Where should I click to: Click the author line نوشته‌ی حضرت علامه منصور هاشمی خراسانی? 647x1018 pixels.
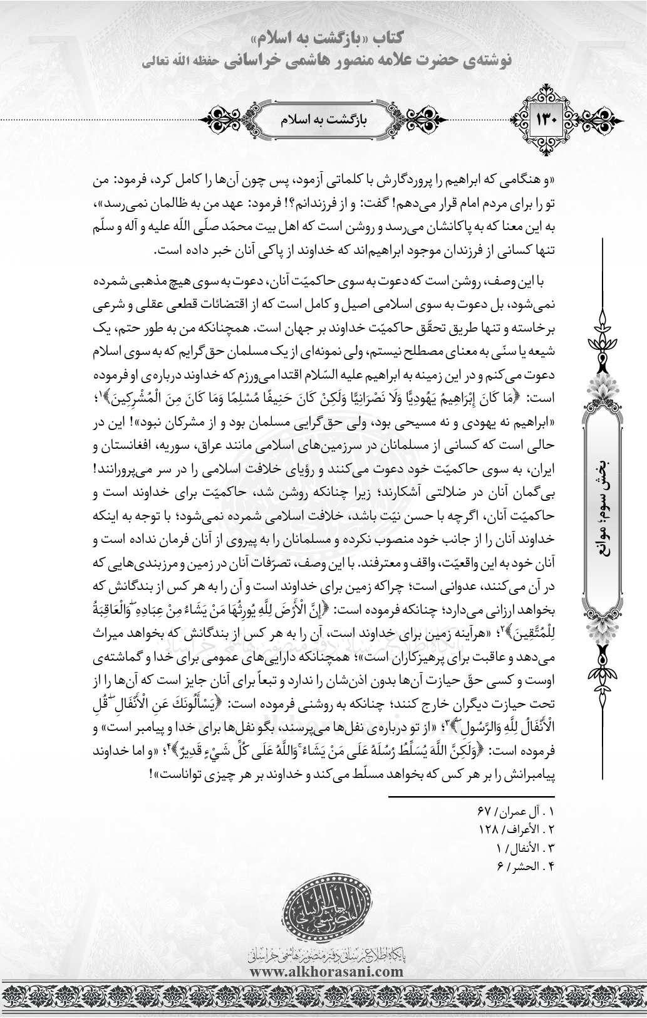[326, 60]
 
